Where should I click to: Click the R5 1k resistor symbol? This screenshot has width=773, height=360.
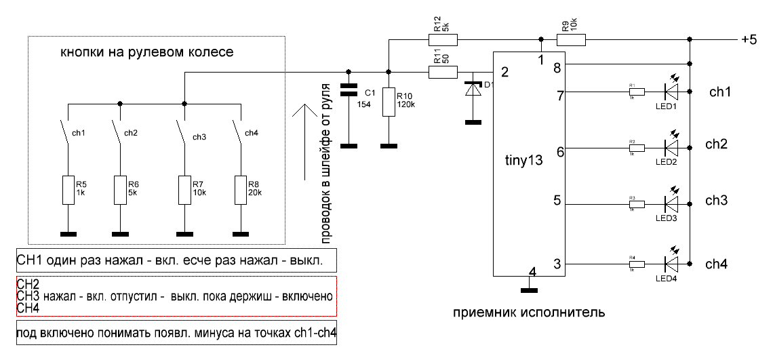coord(68,189)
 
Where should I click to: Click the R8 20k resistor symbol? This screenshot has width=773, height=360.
coord(241,189)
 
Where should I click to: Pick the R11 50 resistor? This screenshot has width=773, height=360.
coord(444,71)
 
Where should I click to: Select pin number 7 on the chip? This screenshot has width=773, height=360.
coord(560,96)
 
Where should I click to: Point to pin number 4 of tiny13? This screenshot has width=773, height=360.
coord(532,273)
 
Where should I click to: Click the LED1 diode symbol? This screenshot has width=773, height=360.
coord(671,89)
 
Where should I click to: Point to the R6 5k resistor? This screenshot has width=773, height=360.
coord(119,189)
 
